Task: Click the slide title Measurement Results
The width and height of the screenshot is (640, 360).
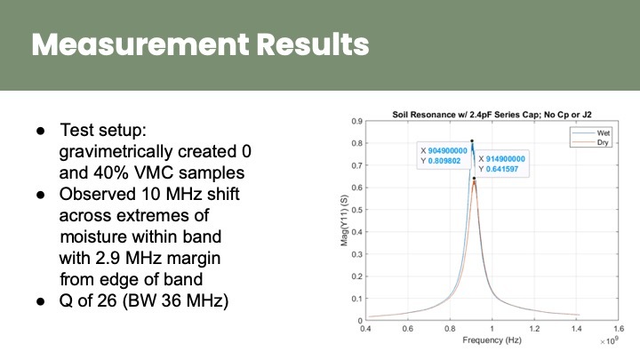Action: (200, 44)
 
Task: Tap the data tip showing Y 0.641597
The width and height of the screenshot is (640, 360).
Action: (501, 167)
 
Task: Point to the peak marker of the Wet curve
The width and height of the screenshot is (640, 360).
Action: (472, 141)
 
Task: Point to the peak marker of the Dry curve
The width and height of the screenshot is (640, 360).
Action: (475, 179)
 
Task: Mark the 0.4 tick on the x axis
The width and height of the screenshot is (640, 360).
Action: (365, 328)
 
